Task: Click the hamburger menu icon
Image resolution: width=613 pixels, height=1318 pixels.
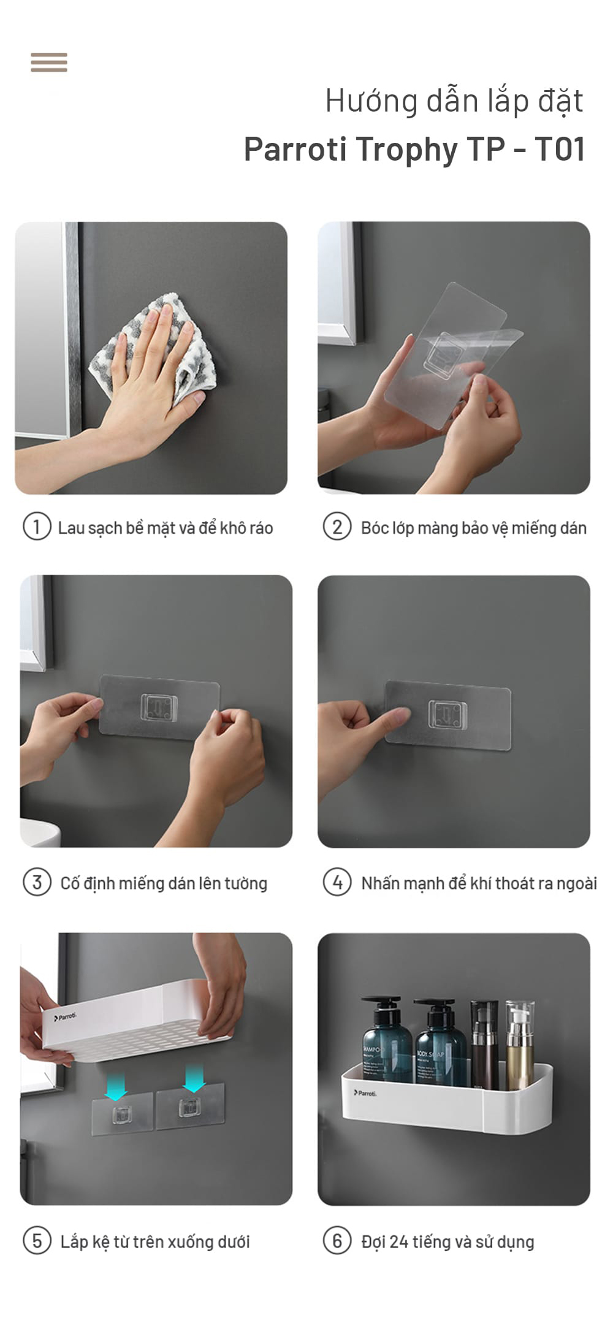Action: click(49, 63)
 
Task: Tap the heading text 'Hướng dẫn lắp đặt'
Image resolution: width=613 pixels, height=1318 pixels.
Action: click(454, 102)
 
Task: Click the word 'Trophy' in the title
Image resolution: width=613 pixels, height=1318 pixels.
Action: click(406, 149)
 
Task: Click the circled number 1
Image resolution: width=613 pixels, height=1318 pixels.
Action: click(37, 527)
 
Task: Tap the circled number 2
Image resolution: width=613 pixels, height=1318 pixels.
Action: click(337, 527)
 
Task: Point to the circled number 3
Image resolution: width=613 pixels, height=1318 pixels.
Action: click(37, 882)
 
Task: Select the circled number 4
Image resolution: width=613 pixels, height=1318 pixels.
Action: click(337, 882)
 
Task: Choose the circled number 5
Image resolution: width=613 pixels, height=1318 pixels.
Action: click(37, 1240)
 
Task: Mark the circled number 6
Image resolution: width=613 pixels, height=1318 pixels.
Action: click(337, 1240)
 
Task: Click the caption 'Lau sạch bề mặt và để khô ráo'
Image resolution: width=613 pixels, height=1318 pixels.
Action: click(166, 528)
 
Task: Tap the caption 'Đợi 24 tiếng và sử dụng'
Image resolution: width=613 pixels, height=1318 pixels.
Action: click(447, 1241)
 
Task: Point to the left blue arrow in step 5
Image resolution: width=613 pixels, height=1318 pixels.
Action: click(116, 1082)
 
